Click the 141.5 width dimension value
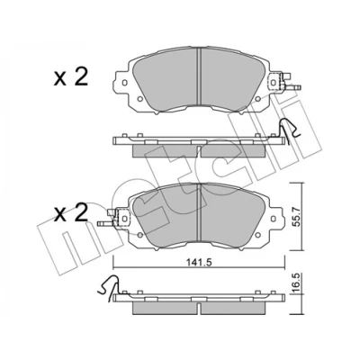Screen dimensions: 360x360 click(x=199, y=263)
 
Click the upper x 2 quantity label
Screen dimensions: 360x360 click(x=70, y=77)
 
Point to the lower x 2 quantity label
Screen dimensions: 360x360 click(x=70, y=212)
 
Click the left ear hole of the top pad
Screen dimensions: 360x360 click(x=125, y=83)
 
